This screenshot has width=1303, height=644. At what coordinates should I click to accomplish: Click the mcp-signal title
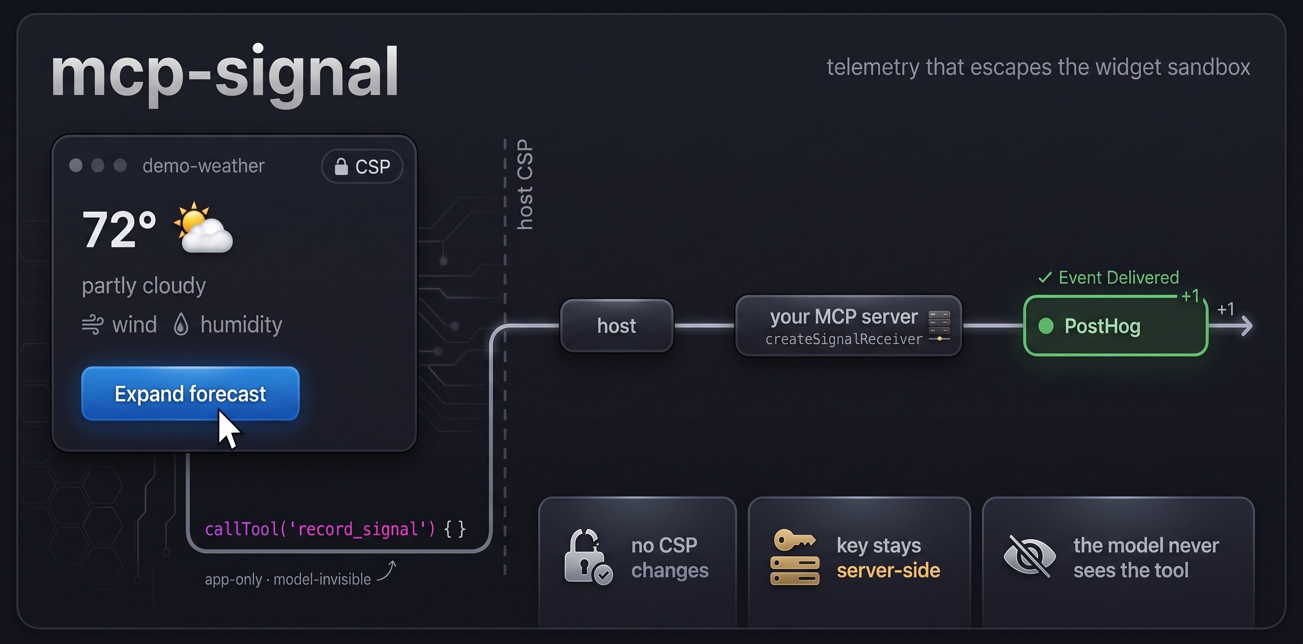[x=225, y=75]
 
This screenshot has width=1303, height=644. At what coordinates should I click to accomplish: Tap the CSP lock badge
[x=362, y=166]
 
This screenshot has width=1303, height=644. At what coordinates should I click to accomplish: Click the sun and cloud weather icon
[x=203, y=227]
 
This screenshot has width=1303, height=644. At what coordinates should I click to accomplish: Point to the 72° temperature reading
[x=119, y=229]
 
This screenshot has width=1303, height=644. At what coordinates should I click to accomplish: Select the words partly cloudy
[x=144, y=286]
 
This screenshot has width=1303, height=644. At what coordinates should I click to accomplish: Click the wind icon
[x=93, y=325]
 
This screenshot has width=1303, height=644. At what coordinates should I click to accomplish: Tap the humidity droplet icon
[x=181, y=325]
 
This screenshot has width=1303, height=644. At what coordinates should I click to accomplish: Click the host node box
[x=617, y=326]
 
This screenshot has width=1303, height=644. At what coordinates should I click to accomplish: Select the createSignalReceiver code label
[x=844, y=339]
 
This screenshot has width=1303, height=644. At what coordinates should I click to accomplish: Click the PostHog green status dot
[x=1046, y=326]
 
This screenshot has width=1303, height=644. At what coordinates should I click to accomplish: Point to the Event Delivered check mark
[x=1044, y=278]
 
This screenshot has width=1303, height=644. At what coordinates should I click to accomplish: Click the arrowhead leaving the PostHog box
[x=1246, y=326]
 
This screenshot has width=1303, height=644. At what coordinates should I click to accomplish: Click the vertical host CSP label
[x=525, y=185]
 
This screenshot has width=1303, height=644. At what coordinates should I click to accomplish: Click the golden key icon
[x=794, y=540]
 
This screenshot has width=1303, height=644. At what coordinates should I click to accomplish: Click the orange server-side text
[x=888, y=570]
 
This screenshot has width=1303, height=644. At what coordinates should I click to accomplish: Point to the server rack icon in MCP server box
[x=939, y=326]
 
